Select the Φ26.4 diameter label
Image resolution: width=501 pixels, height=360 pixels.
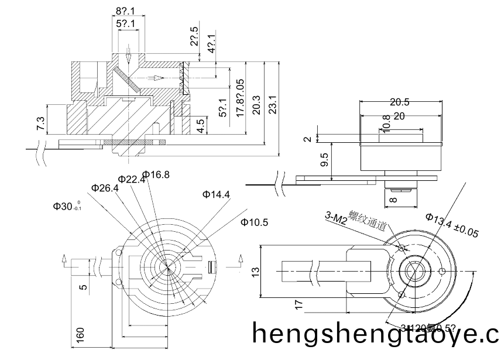click(x=105, y=188)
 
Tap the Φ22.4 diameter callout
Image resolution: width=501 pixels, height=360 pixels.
click(x=132, y=179)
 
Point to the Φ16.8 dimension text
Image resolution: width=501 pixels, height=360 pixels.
click(x=156, y=174)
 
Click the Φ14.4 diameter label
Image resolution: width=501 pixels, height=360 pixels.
click(x=216, y=194)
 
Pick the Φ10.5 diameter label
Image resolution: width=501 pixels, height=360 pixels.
click(x=254, y=222)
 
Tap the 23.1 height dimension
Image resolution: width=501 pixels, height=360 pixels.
click(x=272, y=105)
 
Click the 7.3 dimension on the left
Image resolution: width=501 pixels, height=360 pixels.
click(x=40, y=124)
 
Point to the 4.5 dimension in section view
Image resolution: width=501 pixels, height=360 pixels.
click(x=201, y=126)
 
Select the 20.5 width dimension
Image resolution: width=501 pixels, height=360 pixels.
click(x=400, y=102)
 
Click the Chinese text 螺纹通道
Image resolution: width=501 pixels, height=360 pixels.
click(x=367, y=221)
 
